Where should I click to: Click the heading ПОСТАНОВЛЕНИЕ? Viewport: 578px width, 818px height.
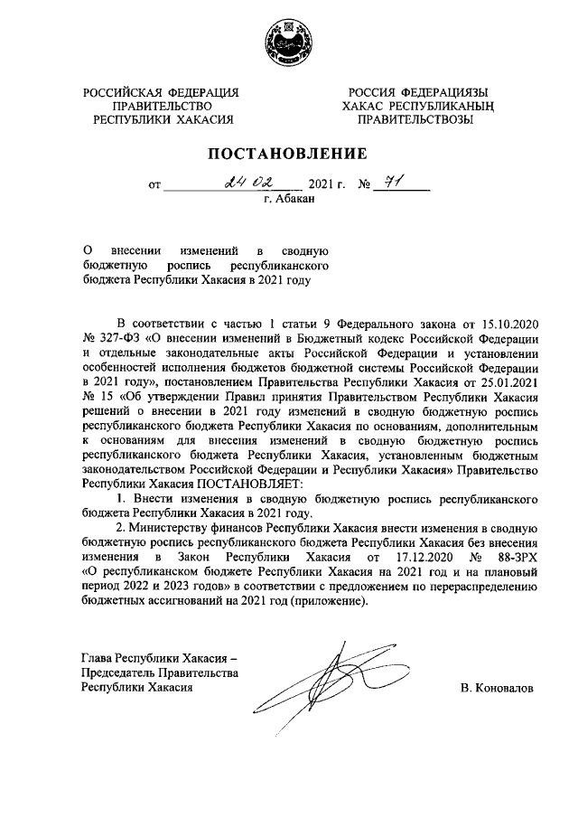[289, 153]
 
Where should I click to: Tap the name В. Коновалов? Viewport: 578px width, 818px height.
[497, 689]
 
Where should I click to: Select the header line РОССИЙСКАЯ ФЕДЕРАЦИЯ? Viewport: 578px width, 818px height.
[161, 92]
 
